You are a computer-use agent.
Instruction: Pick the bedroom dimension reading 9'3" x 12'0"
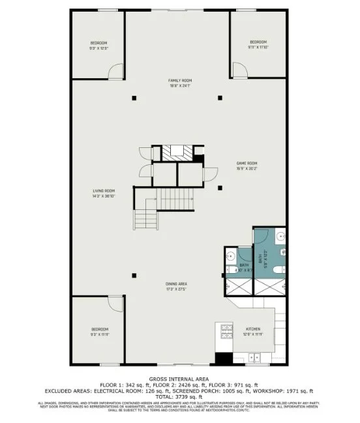98,48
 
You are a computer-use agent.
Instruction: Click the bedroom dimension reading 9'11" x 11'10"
258,47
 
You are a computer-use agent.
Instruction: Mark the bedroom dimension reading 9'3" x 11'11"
99,334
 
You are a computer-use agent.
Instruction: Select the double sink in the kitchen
256,357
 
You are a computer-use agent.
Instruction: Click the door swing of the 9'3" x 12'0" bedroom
115,70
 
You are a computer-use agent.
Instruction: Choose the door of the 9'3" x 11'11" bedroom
116,302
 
